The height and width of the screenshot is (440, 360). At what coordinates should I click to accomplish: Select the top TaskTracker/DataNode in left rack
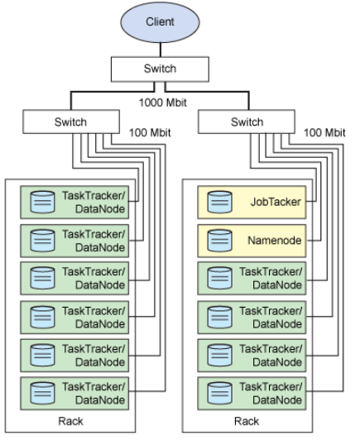point(75,202)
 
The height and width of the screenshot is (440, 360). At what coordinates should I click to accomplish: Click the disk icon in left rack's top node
point(41,202)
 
